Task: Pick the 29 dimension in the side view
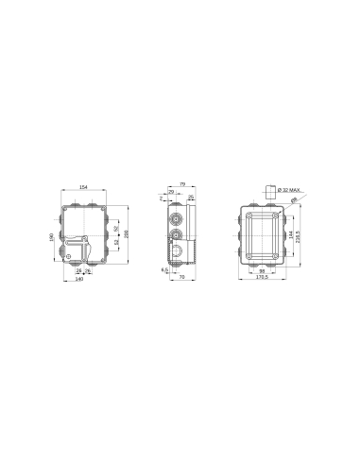click(171, 192)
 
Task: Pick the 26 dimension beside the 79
click(191, 197)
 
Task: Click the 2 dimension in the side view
click(162, 198)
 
